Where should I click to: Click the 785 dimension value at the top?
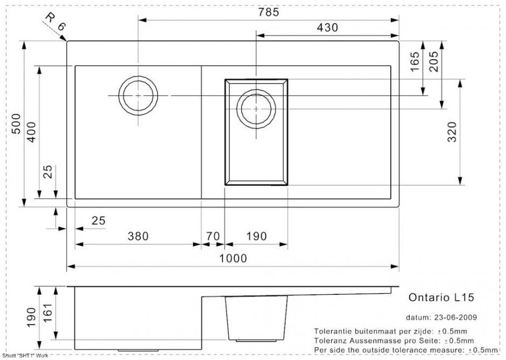point(268,12)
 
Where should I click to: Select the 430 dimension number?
point(327,28)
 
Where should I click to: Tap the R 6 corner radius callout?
point(55,22)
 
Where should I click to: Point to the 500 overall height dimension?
point(16,124)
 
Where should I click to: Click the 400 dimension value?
point(32,132)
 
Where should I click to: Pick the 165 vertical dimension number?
point(414,61)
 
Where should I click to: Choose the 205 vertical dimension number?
point(434,61)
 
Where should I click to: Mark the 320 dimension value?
point(452,132)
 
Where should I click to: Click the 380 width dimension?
point(138,236)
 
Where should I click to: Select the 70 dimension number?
point(213,236)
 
